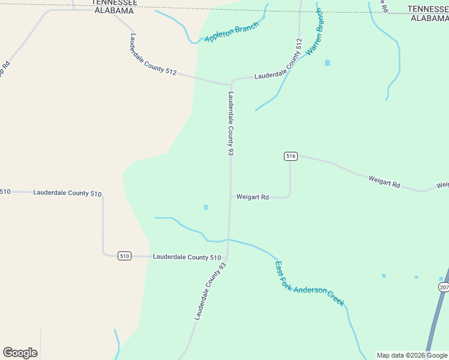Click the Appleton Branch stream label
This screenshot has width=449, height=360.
(x=232, y=32)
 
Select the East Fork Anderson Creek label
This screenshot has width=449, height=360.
(x=309, y=284)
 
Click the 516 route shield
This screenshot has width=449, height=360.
(x=291, y=156)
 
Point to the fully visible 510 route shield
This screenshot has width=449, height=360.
(x=124, y=256)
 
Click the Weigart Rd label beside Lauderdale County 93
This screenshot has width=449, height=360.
(x=252, y=197)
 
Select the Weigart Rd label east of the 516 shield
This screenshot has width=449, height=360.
(x=384, y=182)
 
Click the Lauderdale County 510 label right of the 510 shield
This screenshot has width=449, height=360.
(x=187, y=257)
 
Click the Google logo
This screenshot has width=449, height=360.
(x=20, y=353)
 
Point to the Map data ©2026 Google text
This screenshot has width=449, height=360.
(x=412, y=355)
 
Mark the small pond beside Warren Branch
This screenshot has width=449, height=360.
(x=327, y=62)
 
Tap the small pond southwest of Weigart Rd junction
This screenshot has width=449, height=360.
(x=206, y=207)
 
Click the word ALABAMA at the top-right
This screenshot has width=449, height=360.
(x=429, y=18)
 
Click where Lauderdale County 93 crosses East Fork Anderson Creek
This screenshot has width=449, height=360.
(x=228, y=239)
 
